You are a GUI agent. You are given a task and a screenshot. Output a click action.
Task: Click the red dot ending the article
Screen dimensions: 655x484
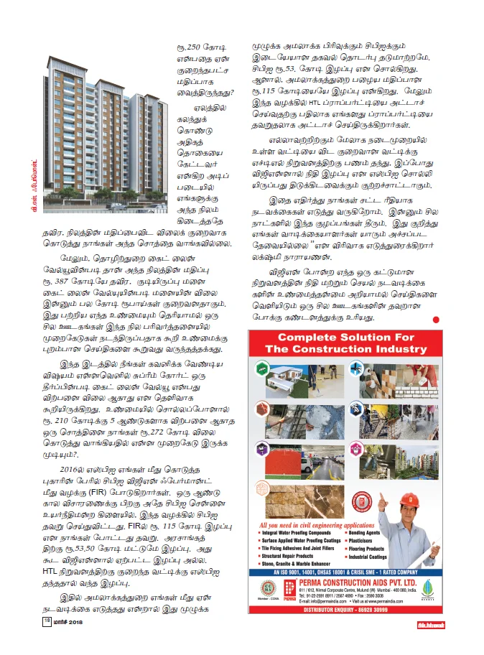435,318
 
